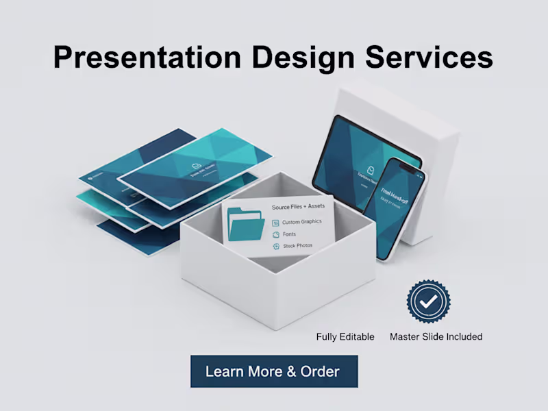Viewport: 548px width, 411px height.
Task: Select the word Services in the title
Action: pos(430,58)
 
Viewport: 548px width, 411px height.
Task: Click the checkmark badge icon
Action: pos(429,301)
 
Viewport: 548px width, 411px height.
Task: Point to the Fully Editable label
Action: pos(345,336)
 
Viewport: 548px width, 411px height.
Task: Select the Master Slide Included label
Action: pos(436,336)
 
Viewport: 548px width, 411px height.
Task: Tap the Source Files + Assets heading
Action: pos(299,206)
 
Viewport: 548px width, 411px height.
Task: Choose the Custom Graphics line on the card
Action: pos(301,222)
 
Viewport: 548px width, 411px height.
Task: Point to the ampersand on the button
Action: pos(291,372)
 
